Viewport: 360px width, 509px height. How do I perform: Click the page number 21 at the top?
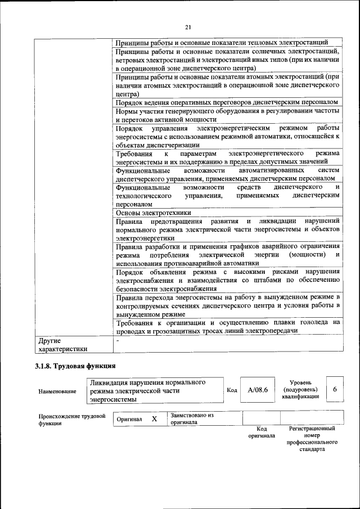pyautogui.click(x=188, y=27)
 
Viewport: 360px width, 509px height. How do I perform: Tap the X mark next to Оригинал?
pyautogui.click(x=154, y=419)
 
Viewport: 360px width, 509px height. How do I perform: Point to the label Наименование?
pyautogui.click(x=57, y=391)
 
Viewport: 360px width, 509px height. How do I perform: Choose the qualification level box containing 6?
pyautogui.click(x=335, y=390)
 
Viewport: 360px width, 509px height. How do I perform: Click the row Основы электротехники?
pyautogui.click(x=153, y=213)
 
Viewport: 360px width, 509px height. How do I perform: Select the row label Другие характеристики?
pyautogui.click(x=62, y=344)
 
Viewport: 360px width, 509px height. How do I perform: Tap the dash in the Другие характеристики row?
pyautogui.click(x=118, y=340)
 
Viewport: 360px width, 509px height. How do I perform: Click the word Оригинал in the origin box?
pyautogui.click(x=129, y=420)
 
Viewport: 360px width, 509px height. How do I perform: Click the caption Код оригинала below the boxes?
pyautogui.click(x=262, y=432)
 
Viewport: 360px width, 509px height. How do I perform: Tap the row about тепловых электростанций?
pyautogui.click(x=228, y=43)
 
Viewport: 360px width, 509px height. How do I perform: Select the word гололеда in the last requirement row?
pyautogui.click(x=314, y=322)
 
